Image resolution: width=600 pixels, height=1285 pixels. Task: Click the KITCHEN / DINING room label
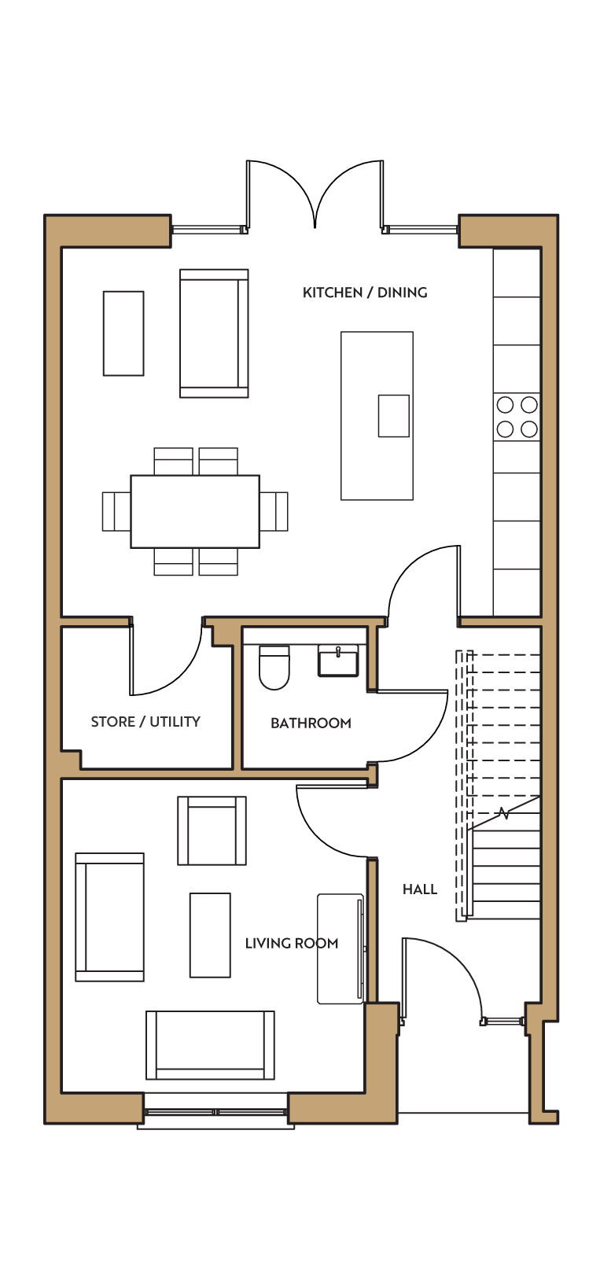pos(365,293)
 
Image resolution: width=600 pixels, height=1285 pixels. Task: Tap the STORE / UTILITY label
pos(145,722)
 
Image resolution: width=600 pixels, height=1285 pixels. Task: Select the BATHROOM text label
pos(311,723)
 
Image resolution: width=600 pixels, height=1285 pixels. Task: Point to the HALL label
pos(420,889)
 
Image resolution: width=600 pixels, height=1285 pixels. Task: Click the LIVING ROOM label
pos(292,943)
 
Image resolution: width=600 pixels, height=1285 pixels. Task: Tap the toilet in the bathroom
pos(274,667)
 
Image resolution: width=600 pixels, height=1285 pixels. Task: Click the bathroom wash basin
pos(338,661)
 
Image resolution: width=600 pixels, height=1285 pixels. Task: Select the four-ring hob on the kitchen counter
pos(517,417)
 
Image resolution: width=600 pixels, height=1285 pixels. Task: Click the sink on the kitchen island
pos(393,416)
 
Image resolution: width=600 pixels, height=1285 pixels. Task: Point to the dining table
pos(195,512)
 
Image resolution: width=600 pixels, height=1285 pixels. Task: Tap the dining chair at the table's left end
pos(116,511)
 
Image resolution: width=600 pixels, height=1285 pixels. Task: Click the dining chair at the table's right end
pos(274,511)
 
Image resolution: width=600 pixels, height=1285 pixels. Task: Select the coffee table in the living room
pos(210,935)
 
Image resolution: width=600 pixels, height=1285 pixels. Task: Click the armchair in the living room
pos(212,830)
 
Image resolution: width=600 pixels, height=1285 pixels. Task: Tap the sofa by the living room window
pos(210,1045)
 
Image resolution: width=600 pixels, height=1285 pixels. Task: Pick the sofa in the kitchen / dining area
pos(214,333)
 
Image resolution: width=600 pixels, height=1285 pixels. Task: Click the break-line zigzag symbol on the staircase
pos(504,813)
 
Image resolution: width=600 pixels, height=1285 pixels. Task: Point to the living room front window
pos(215,1112)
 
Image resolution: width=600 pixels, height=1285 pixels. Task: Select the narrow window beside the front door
pos(503,1021)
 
